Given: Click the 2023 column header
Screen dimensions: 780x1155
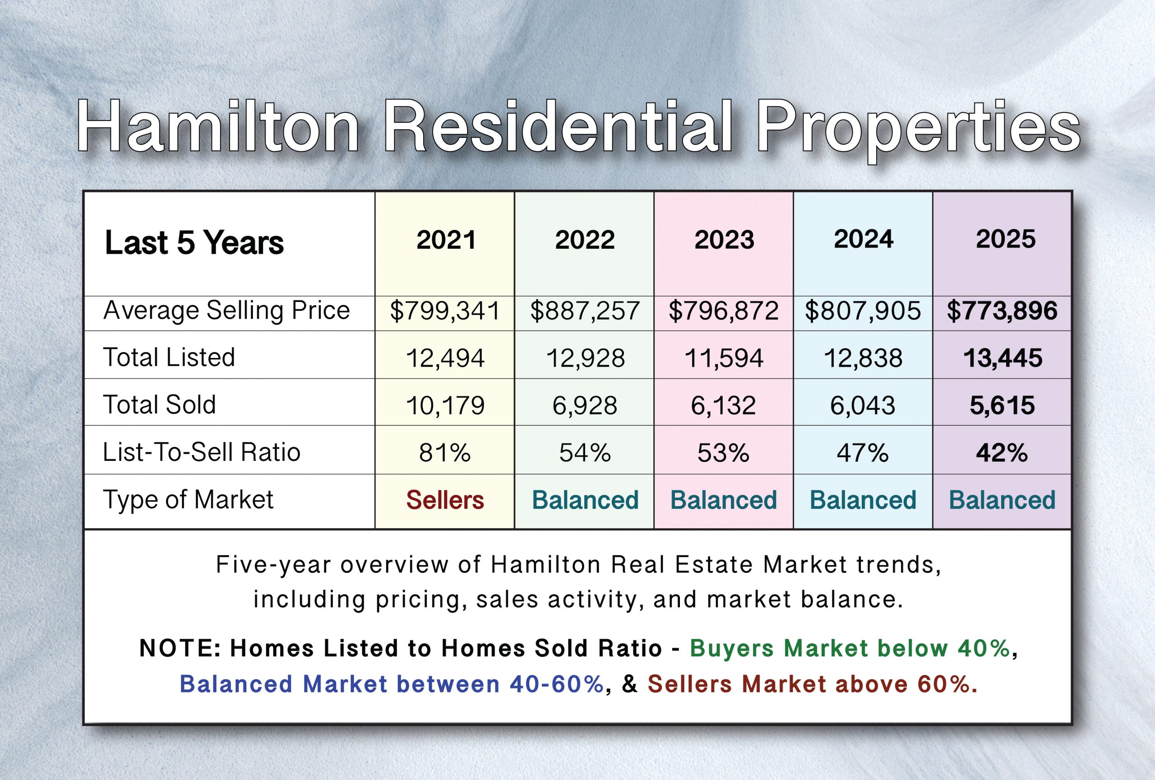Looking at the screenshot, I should tap(724, 240).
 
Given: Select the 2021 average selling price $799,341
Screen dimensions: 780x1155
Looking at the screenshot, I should tap(445, 311).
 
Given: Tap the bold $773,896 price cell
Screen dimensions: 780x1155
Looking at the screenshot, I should tap(1002, 311).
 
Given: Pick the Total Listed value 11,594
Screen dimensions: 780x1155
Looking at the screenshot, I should tap(724, 358).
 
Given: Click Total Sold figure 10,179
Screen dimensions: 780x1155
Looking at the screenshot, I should tap(445, 405).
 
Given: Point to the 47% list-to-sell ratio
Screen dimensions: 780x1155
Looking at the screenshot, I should tap(862, 453).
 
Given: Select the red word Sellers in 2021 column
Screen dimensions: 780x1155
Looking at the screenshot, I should tap(445, 500).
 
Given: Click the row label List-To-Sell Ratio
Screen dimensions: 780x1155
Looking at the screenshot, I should tap(201, 452).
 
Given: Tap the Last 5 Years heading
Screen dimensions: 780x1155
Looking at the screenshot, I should tap(194, 242).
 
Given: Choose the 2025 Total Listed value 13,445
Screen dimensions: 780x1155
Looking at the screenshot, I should tap(1003, 358).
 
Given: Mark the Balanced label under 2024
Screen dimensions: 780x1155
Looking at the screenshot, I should tap(863, 500).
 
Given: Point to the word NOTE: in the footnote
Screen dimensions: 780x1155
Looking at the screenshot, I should tap(180, 648).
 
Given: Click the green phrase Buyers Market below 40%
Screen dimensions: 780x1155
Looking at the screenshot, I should tap(850, 648).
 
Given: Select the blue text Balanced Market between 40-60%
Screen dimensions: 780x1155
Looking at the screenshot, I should tap(392, 684).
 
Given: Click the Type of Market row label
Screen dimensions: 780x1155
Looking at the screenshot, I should tap(188, 500).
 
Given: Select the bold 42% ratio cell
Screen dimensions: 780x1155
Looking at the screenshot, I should tap(1002, 453).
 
